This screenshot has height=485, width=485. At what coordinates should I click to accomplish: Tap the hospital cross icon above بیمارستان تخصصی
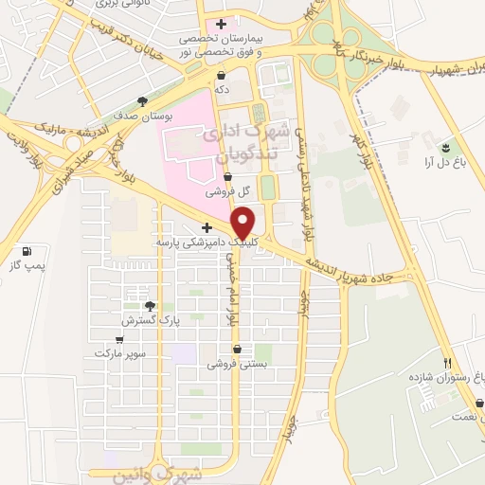pos(221,24)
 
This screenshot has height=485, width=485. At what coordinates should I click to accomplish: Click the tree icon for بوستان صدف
pos(142,100)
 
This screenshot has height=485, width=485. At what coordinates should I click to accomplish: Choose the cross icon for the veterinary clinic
pos(207,227)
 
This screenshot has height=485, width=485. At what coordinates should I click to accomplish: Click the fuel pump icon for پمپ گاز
pos(26,251)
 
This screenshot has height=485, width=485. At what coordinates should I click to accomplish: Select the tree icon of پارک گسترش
pos(149,305)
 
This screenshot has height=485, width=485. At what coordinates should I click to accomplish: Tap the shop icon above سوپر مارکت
pos(120,337)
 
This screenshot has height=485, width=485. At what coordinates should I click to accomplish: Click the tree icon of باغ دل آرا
pos(445,146)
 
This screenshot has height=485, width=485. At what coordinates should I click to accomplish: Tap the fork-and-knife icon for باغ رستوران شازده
pos(448,363)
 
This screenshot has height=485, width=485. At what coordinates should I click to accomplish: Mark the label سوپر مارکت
pos(120,352)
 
